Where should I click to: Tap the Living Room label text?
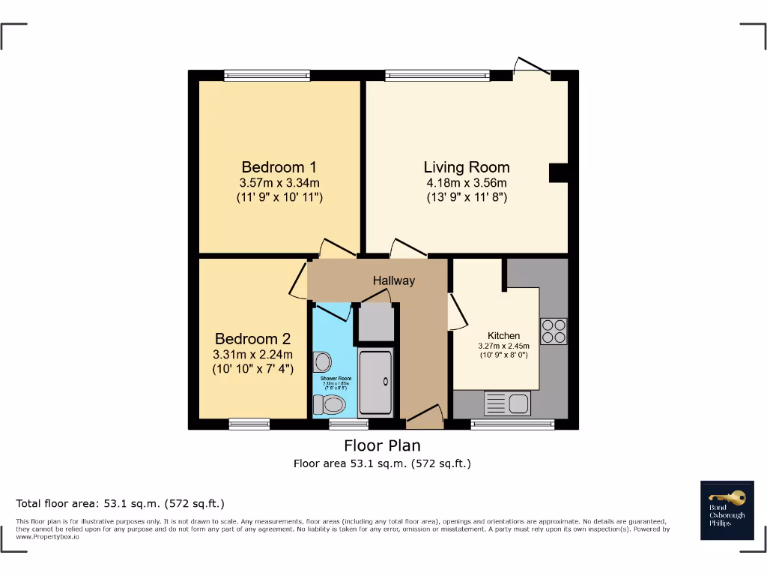point(467,167)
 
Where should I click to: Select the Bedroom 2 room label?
point(252,339)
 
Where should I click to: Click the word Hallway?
point(394,280)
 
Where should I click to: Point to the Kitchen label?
point(503,335)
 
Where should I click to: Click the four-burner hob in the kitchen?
point(554,331)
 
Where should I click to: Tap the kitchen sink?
point(509,403)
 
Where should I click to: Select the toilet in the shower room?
point(329,406)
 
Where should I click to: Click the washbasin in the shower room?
point(323,362)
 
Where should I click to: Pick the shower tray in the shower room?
point(376,382)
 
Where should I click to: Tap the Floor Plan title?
point(382,445)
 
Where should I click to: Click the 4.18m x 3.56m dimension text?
point(467,183)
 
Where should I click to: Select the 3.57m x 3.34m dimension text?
point(279,183)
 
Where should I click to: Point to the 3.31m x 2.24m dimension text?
point(252,355)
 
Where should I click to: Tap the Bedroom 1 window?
point(267,74)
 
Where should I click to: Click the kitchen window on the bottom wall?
point(513,424)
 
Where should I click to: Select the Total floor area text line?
point(121,503)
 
